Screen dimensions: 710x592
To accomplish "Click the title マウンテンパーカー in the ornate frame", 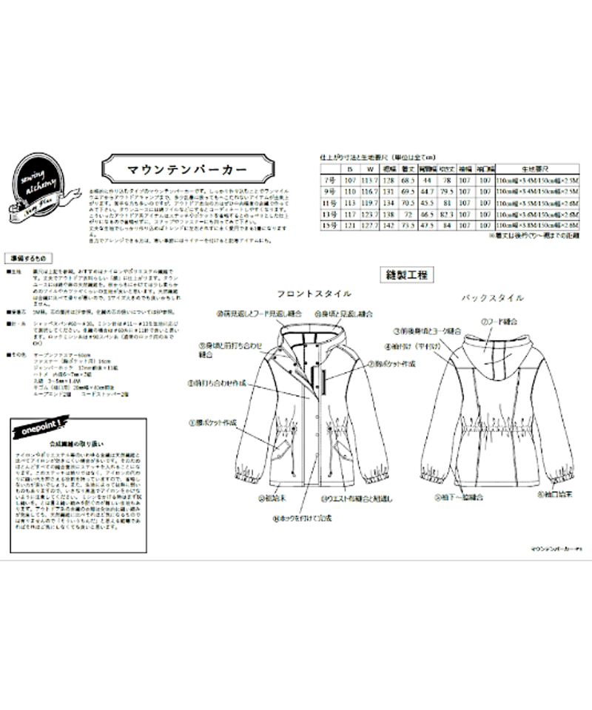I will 186,169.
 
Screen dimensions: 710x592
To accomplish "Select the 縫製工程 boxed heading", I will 407,274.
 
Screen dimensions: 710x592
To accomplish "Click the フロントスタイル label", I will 314,294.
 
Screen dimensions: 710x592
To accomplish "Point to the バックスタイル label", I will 493,298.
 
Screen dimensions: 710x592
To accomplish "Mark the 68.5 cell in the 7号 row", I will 406,181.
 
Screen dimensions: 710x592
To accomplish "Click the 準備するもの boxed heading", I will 27,259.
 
